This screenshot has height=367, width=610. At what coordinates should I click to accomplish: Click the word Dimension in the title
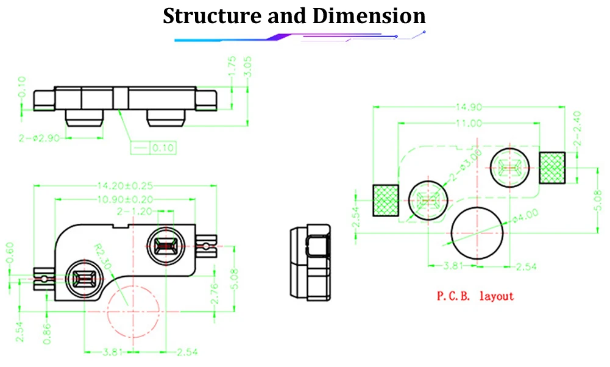click(369, 16)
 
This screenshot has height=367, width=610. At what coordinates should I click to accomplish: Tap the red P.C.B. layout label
click(475, 297)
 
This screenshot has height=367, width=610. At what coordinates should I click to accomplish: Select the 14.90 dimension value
click(467, 107)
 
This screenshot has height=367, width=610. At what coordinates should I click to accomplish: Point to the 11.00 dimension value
click(467, 123)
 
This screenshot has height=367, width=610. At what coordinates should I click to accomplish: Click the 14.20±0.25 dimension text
click(125, 185)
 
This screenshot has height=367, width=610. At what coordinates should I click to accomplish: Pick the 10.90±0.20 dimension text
click(125, 199)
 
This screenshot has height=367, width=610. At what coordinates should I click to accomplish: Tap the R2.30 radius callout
click(104, 257)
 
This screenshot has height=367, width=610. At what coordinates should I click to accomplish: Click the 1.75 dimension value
click(232, 66)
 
